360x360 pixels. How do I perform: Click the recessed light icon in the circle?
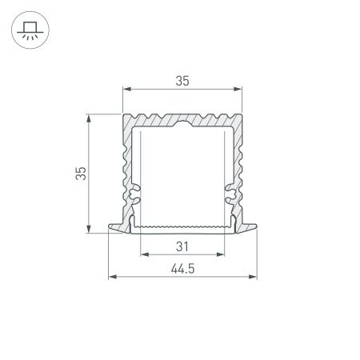coord(29,30)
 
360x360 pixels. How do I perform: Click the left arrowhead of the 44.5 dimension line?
coord(111,278)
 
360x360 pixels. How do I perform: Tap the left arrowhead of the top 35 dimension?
coord(125,88)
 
